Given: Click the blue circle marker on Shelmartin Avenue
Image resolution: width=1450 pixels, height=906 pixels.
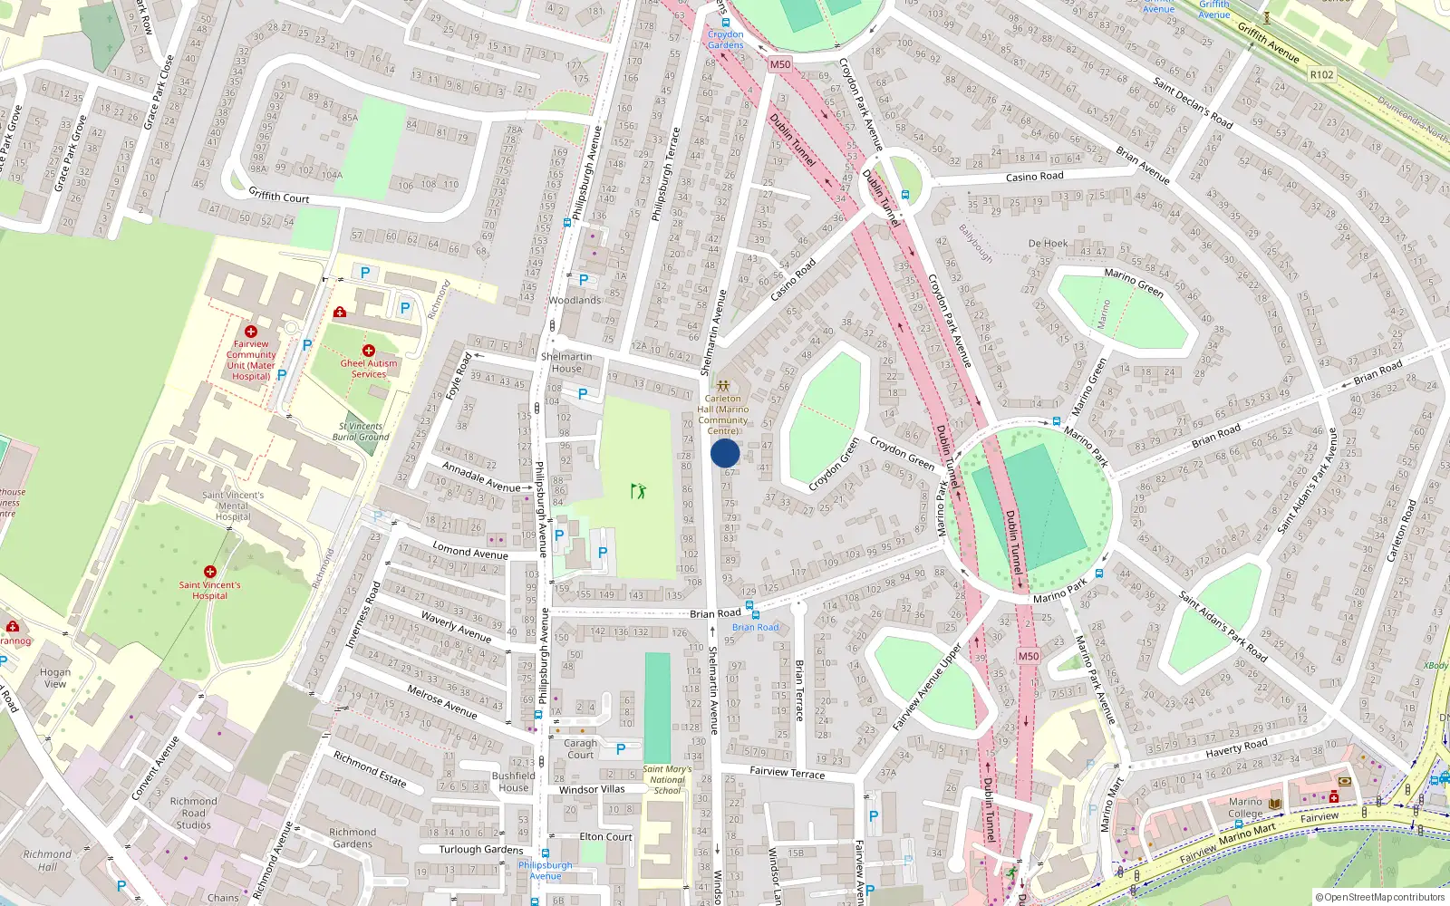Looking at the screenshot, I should coord(725,453).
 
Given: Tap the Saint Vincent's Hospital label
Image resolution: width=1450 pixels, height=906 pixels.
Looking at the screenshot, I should coord(209,590).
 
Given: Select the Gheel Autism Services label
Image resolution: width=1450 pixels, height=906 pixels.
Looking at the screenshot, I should coord(369,368).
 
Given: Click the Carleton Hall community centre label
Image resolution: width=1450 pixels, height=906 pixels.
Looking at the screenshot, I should coord(723,414).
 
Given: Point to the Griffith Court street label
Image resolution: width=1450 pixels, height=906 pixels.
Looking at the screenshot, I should coord(279,195).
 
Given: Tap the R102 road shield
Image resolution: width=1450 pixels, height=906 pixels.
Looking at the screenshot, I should coord(1321,74).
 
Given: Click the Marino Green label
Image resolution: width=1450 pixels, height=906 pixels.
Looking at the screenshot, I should coord(1134,283).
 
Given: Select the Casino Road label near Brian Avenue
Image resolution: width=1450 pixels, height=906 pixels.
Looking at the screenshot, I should coord(1034,177).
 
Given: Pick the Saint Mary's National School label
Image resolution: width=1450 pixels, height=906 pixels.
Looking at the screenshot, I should coord(667,779).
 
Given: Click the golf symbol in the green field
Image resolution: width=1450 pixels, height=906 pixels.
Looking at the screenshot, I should coord(639,491).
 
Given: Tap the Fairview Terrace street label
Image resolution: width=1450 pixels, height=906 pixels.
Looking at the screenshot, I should coord(788,773).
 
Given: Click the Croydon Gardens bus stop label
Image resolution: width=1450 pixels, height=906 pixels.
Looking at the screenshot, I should coord(725,39).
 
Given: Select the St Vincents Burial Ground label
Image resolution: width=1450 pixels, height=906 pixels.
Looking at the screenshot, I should coord(361,431).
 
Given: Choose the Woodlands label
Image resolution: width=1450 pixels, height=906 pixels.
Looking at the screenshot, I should coord(575,300).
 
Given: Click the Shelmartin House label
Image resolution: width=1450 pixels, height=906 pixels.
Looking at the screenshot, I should coord(566,362).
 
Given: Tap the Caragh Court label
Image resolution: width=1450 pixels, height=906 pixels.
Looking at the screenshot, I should coord(581,748).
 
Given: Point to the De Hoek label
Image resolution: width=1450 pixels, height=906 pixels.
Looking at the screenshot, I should coord(1048,244).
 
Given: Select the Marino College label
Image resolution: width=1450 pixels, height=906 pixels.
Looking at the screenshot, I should coord(1245,807).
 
